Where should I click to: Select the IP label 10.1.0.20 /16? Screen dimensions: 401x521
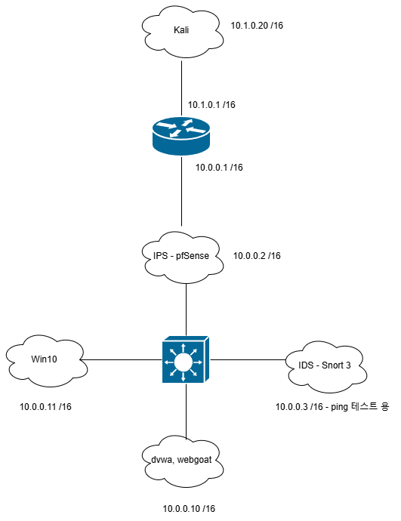(x=257, y=26)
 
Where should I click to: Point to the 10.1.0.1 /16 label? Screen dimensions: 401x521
(x=211, y=105)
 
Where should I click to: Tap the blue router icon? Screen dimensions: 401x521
(x=181, y=136)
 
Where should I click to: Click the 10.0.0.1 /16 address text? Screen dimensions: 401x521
(x=219, y=167)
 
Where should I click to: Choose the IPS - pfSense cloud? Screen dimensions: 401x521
(x=183, y=257)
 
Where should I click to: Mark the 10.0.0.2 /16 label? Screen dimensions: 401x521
(x=257, y=255)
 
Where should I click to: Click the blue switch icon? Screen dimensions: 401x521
(x=186, y=359)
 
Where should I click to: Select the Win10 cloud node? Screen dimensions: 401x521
(x=47, y=361)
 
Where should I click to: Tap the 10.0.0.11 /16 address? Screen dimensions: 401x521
(x=45, y=407)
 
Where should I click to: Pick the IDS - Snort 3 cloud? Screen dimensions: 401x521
(x=327, y=367)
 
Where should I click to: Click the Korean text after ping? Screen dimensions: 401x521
(x=370, y=406)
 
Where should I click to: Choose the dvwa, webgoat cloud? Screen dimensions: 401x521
(x=183, y=461)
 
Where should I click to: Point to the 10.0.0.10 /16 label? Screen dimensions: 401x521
(x=189, y=508)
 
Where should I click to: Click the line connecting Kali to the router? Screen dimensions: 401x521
(x=182, y=88)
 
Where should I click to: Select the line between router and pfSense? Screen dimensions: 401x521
(x=182, y=191)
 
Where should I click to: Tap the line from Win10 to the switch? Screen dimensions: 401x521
(x=122, y=359)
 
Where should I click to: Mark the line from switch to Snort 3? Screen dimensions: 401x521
(x=248, y=359)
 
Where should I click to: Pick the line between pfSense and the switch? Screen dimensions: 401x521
(x=186, y=310)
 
